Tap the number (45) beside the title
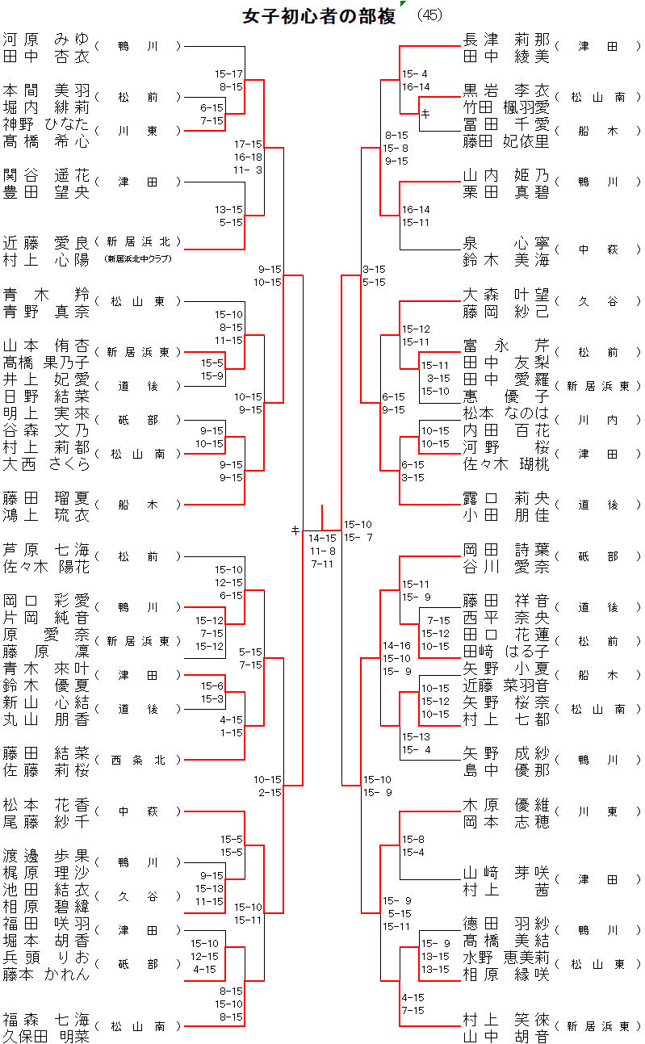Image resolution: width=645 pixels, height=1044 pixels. click(429, 16)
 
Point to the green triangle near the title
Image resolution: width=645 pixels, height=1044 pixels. click(402, 5)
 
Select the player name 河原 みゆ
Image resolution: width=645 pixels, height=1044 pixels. click(45, 39)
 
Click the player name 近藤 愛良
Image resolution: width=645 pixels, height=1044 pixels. click(45, 241)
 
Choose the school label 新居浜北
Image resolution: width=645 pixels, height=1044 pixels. click(138, 241)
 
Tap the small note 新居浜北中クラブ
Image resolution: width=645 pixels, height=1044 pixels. click(138, 259)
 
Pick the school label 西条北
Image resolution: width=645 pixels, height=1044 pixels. click(138, 760)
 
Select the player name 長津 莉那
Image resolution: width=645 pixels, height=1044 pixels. click(506, 39)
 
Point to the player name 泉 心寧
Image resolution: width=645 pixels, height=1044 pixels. click(506, 241)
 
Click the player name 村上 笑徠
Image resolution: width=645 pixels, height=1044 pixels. click(506, 1018)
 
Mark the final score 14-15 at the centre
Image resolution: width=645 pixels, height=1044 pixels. click(322, 538)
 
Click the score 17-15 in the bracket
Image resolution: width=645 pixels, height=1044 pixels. click(249, 144)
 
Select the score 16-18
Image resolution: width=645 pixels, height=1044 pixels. click(249, 157)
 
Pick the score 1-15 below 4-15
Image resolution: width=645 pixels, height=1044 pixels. click(231, 732)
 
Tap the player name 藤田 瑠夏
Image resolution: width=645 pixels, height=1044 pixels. click(45, 497)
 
